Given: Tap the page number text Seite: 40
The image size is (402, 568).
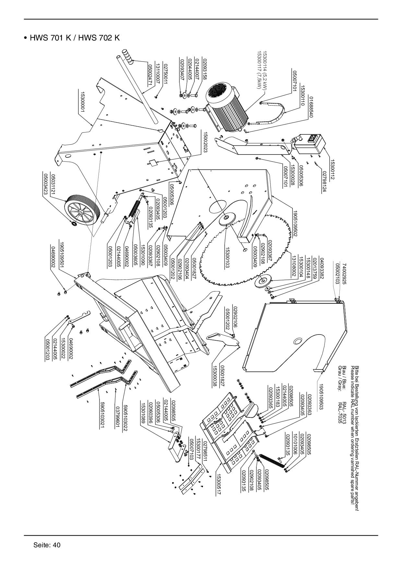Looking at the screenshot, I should (x=47, y=545).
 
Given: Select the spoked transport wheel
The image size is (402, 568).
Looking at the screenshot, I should (x=83, y=211).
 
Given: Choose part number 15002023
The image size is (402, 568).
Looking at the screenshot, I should (x=205, y=142).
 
